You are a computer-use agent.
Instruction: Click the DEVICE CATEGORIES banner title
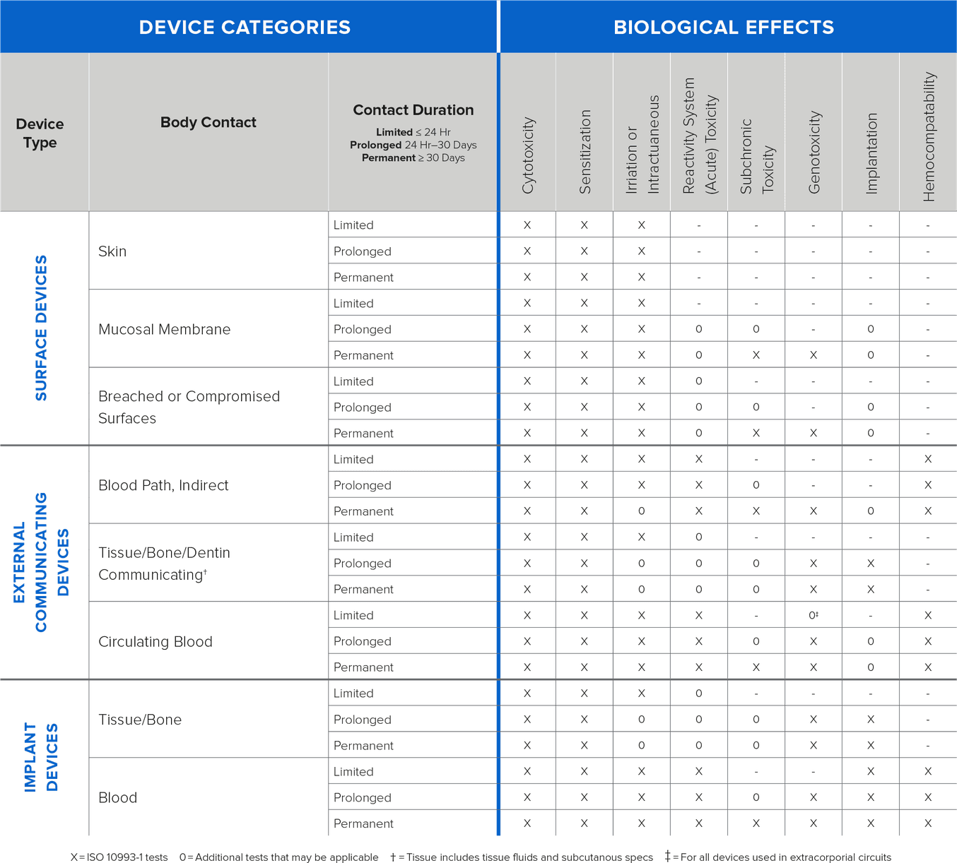click(245, 28)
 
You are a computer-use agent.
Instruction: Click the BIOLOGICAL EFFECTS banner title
click(724, 28)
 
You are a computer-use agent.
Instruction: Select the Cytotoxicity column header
click(528, 155)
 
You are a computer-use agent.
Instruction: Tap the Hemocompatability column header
click(929, 137)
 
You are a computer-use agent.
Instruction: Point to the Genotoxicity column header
click(814, 152)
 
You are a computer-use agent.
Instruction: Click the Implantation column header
click(871, 153)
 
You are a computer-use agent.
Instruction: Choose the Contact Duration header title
click(413, 110)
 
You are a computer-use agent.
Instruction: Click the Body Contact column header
click(209, 122)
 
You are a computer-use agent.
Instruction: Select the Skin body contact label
click(112, 251)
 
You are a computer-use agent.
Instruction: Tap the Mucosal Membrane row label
click(165, 329)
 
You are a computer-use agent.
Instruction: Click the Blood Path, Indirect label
click(163, 485)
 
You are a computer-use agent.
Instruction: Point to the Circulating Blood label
click(155, 641)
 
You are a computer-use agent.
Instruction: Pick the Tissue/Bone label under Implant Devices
click(140, 720)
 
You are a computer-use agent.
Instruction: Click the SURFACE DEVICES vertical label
click(42, 328)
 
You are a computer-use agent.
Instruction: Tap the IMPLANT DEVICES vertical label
click(42, 757)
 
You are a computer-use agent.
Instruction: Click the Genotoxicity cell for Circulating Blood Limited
click(814, 615)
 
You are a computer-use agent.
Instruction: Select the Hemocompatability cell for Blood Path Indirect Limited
click(928, 459)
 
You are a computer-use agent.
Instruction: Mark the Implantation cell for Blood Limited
click(871, 771)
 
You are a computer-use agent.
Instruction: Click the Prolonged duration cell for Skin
click(363, 251)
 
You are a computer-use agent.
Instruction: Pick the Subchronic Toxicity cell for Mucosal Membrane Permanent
click(756, 355)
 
